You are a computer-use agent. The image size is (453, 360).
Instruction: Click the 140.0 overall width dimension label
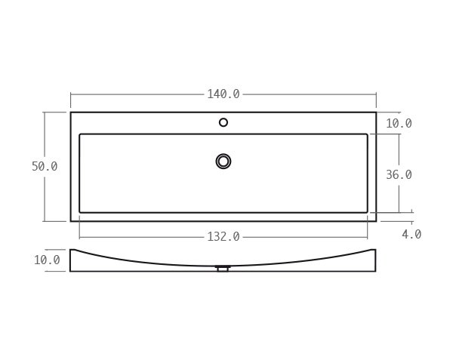pos(223,94)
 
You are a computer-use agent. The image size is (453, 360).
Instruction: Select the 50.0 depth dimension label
pos(45,167)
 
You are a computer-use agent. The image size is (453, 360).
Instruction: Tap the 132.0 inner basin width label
pos(223,236)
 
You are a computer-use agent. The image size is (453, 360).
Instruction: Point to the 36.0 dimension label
pos(399,174)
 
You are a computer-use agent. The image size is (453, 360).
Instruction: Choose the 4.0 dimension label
pos(411,235)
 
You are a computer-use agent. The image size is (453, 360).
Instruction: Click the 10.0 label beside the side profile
pos(47,260)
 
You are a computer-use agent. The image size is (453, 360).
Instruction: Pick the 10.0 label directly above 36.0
pos(399,124)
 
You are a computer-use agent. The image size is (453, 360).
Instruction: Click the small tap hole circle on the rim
pos(223,122)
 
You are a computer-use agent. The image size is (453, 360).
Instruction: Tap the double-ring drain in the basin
pos(223,161)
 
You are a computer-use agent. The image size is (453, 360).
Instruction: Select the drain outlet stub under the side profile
pos(223,269)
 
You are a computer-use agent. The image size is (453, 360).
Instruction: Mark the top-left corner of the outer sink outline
pos(71,112)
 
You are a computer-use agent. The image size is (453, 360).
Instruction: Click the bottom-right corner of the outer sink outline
pos(376,221)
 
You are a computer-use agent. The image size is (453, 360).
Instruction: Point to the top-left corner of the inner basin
pos(80,134)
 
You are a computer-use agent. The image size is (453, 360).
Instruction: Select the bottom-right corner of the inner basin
pos(368,212)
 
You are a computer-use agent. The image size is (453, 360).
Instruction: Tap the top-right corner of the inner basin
pos(368,134)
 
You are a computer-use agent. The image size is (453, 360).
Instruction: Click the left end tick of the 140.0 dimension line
pos(71,94)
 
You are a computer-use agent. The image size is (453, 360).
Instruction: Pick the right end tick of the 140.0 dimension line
pos(376,94)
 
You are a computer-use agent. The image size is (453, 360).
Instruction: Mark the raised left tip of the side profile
pos(71,249)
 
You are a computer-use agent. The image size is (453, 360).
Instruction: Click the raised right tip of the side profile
pos(376,249)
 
